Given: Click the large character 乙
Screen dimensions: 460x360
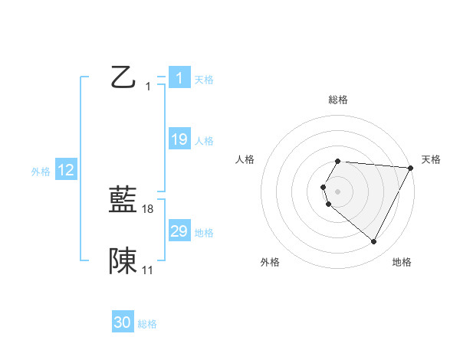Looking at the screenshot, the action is click(x=122, y=77).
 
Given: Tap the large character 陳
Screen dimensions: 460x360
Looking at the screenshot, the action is click(x=123, y=261).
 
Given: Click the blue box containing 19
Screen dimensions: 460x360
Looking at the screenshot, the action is click(x=179, y=139).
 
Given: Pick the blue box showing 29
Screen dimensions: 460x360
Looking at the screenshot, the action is click(x=179, y=231).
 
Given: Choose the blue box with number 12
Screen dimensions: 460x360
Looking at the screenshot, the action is click(x=66, y=170).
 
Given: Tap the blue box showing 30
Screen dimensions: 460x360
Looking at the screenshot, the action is click(x=123, y=322).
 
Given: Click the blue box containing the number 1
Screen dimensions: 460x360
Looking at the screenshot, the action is click(x=179, y=77).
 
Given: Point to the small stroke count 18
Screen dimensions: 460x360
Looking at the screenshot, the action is click(x=148, y=209).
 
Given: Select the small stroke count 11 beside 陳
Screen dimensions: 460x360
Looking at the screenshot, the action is click(x=148, y=270).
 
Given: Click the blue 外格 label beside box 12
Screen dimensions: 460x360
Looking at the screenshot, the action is click(x=41, y=172).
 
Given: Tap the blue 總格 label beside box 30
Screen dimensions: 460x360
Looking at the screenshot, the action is click(x=147, y=325).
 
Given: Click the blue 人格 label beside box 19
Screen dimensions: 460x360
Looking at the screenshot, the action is click(x=204, y=142).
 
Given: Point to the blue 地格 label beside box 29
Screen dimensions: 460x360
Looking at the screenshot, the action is click(x=204, y=234).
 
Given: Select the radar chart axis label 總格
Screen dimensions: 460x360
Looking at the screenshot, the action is click(x=338, y=100).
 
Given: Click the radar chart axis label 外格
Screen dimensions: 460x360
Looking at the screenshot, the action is click(x=270, y=262).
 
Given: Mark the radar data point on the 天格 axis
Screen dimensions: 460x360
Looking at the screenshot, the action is click(x=412, y=169).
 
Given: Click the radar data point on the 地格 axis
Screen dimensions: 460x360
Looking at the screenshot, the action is click(x=374, y=242).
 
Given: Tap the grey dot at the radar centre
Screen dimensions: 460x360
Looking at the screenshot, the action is click(x=337, y=189).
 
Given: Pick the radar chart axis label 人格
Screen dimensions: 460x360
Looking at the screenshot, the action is click(x=245, y=159).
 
